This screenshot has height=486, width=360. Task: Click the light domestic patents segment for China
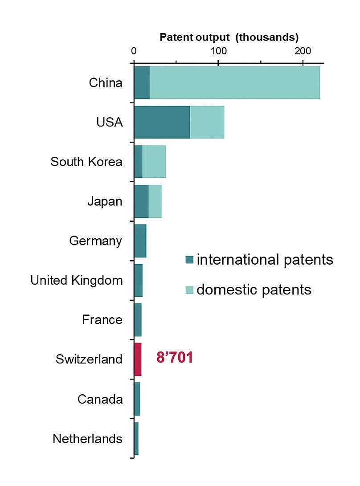[235, 83]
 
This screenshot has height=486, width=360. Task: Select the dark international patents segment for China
[142, 83]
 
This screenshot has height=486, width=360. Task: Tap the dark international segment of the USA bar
[162, 122]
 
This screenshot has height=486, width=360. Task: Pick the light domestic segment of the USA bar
[207, 122]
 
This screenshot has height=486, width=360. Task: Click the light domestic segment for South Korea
[154, 162]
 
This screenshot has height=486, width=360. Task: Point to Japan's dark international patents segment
[141, 201]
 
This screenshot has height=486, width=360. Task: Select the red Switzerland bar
[138, 359]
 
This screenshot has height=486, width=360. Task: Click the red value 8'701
[175, 358]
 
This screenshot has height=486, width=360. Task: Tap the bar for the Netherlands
[136, 438]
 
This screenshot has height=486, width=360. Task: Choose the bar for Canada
[137, 399]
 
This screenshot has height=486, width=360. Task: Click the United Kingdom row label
[76, 281]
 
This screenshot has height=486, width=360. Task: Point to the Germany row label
[95, 241]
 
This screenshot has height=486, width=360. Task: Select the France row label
[102, 320]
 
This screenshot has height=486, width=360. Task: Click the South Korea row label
[86, 162]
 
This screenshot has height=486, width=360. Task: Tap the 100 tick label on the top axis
[218, 50]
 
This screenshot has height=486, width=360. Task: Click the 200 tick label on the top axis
[303, 50]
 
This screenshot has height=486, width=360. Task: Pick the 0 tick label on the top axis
[134, 50]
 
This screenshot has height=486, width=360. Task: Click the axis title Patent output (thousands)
[229, 37]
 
